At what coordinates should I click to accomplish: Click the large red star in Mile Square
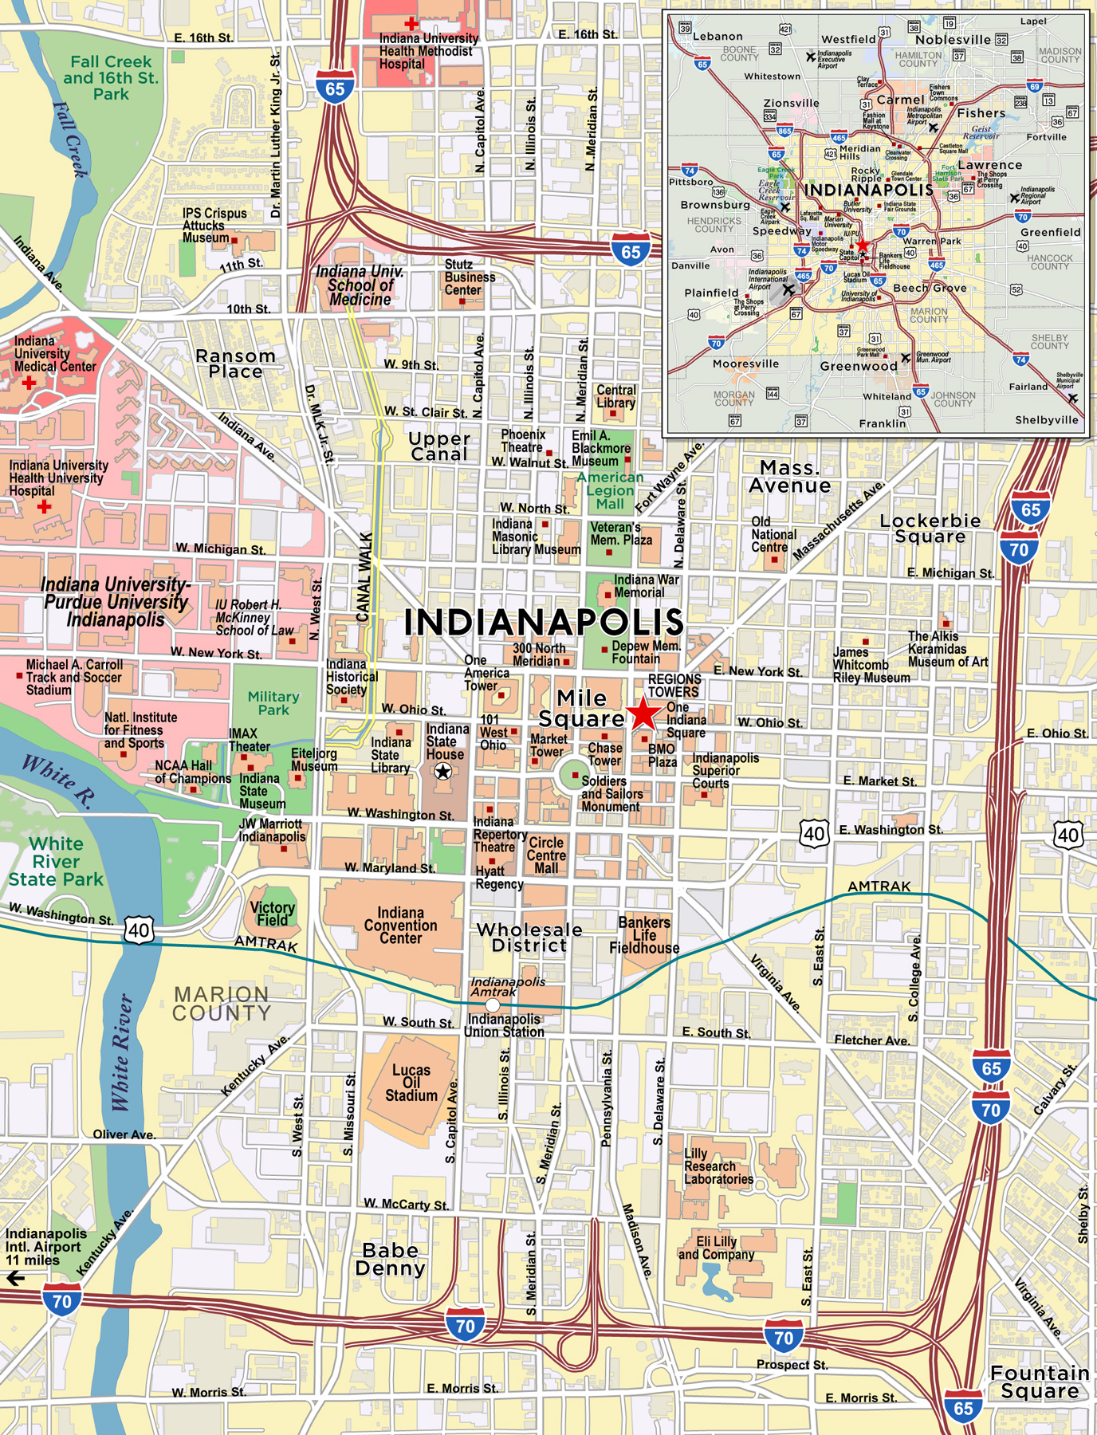643,714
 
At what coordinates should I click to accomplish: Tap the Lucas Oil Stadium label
411,1083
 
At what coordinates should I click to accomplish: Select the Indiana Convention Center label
400,926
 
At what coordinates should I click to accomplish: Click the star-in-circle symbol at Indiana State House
442,771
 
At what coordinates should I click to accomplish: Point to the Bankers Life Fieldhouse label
644,935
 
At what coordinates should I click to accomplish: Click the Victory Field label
273,914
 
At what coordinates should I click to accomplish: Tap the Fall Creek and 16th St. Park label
111,77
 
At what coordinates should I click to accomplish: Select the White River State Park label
56,862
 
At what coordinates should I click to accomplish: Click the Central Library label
616,396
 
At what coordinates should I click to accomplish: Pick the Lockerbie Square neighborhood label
930,529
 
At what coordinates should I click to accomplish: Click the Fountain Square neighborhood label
1040,1382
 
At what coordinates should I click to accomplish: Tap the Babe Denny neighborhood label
391,1259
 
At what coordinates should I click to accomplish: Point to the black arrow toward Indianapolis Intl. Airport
15,1279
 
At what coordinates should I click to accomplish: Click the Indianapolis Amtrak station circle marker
493,1006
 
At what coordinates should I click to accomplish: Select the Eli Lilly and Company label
716,1248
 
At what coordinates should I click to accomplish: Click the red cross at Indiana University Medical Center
29,383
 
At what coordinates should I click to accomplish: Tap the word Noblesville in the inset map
953,40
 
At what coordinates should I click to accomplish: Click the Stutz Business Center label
470,277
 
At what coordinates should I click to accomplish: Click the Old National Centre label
773,534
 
